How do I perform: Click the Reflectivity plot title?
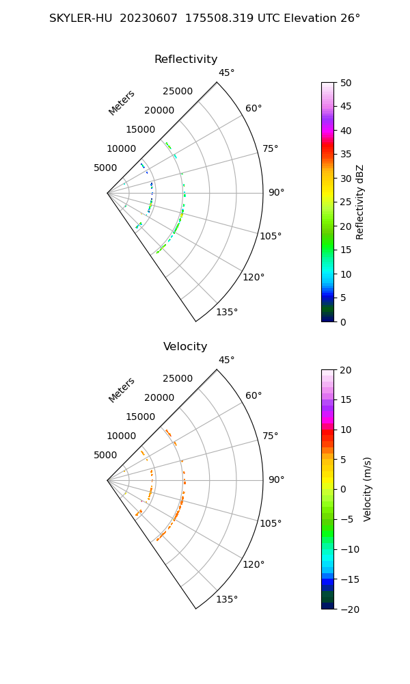click(x=186, y=60)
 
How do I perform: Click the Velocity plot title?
click(x=185, y=347)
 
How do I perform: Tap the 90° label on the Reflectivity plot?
click(x=275, y=193)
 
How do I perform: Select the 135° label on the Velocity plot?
click(x=227, y=600)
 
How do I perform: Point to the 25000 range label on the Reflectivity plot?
click(x=177, y=92)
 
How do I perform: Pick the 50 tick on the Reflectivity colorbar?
click(x=346, y=83)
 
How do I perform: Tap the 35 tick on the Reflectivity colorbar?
click(x=346, y=155)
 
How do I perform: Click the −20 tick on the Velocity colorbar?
click(x=349, y=609)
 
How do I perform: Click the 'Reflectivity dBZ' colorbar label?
click(x=360, y=202)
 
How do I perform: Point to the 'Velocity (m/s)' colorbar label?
click(x=368, y=489)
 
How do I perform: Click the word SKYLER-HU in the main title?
click(x=81, y=18)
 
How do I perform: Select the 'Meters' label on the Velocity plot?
click(x=122, y=390)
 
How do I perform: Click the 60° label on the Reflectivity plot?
click(x=254, y=108)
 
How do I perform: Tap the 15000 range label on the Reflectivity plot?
click(x=140, y=130)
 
